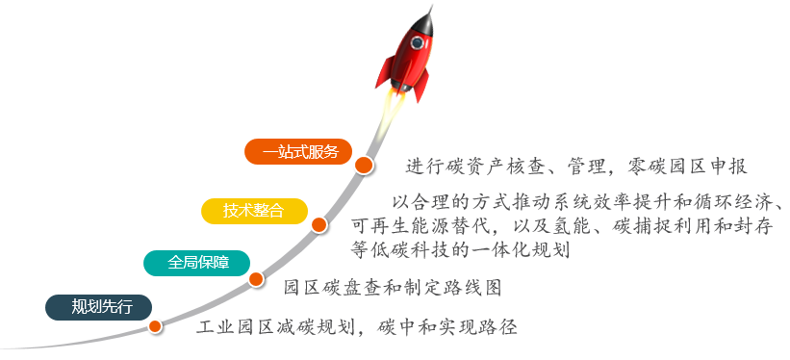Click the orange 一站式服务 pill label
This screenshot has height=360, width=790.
click(300, 151)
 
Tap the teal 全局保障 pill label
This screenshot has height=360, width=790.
click(196, 262)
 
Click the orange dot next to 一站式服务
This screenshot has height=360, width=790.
click(364, 166)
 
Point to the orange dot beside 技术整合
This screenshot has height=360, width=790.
click(319, 225)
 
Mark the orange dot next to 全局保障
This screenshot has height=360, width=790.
click(256, 279)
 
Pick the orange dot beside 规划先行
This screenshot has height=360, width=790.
click(155, 326)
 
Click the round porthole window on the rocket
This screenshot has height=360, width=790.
click(418, 43)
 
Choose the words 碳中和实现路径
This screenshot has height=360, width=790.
click(449, 326)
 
